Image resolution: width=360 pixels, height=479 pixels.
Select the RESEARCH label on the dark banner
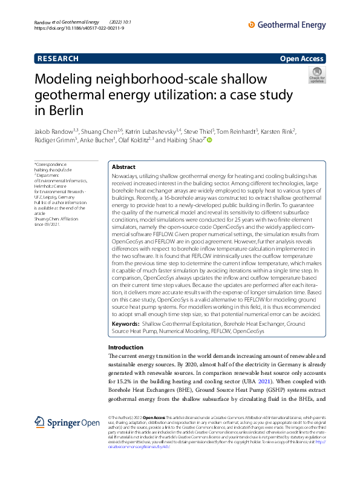[58, 58]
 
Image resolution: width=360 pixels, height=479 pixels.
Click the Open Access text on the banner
[302, 59]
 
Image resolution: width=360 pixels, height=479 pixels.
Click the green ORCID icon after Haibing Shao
[209, 140]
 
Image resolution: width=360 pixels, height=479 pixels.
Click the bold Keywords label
[126, 324]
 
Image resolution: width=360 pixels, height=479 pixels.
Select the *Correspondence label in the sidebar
[51, 165]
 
